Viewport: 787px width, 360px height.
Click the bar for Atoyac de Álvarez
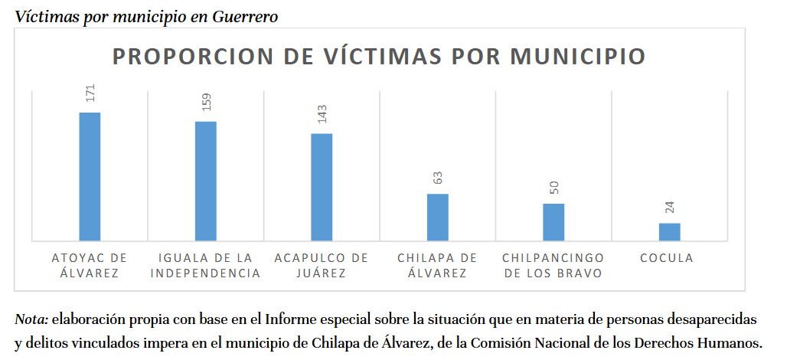[90, 177]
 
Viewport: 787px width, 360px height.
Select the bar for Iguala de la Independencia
[206, 182]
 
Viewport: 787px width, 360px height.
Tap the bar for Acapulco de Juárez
[322, 188]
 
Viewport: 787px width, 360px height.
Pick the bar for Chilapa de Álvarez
[437, 218]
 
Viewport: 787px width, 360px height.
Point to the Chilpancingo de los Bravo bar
[554, 222]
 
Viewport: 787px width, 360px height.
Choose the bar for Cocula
[669, 232]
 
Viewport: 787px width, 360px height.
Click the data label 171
[90, 93]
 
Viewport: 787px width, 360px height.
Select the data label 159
[206, 102]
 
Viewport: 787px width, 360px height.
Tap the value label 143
[322, 114]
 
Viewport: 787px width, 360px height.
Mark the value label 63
[438, 178]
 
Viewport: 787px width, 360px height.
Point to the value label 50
[554, 188]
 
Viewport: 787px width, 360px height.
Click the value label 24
[670, 207]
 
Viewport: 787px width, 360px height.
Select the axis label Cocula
[667, 258]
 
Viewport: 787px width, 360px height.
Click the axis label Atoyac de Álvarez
[90, 265]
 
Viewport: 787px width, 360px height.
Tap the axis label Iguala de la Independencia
[205, 265]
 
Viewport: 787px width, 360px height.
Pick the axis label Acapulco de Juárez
[322, 265]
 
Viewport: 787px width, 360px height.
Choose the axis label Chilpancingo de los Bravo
[554, 265]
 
